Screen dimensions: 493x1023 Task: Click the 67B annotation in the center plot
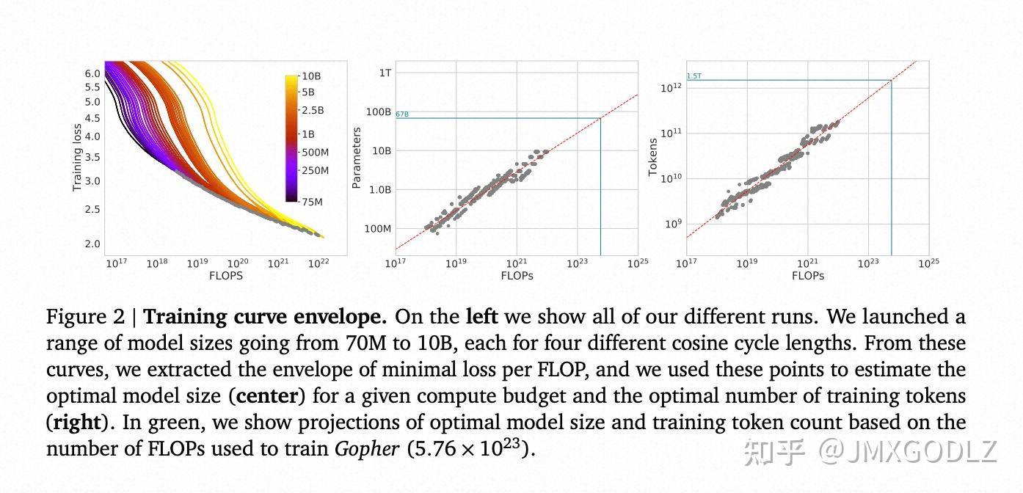tap(401, 114)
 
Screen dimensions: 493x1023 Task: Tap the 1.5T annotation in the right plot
tap(693, 76)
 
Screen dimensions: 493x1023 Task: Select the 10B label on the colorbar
tap(312, 76)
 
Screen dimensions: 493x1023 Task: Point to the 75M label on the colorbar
tap(312, 202)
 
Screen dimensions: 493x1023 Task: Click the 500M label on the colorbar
tap(315, 153)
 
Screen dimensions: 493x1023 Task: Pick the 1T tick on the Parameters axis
tap(385, 73)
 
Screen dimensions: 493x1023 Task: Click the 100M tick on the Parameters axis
tap(379, 229)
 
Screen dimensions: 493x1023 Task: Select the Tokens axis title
tap(652, 158)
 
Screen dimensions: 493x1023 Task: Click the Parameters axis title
tap(357, 158)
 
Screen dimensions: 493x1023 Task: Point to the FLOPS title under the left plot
tap(226, 276)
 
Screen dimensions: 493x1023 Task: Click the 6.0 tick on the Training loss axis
tap(92, 74)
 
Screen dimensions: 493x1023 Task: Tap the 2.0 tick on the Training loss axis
tap(92, 244)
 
